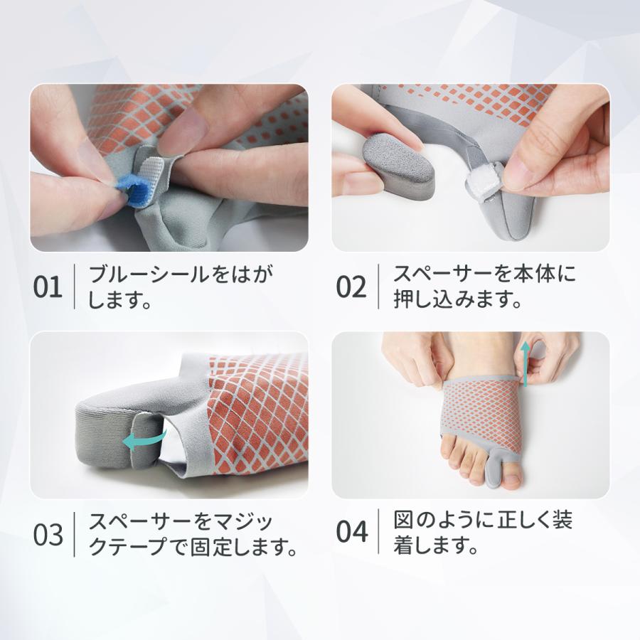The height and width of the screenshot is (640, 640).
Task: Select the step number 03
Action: (x=49, y=535)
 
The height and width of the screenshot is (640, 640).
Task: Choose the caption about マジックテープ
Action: (x=192, y=535)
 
